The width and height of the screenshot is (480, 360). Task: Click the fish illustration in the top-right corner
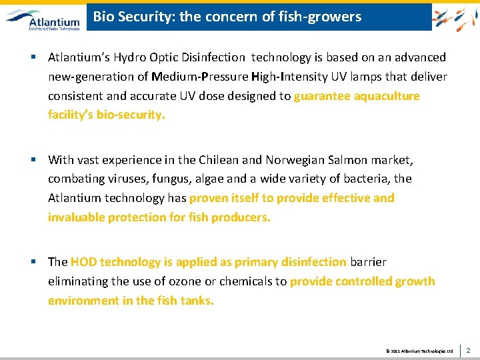(x=455, y=17)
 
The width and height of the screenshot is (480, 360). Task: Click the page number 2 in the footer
(x=468, y=349)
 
